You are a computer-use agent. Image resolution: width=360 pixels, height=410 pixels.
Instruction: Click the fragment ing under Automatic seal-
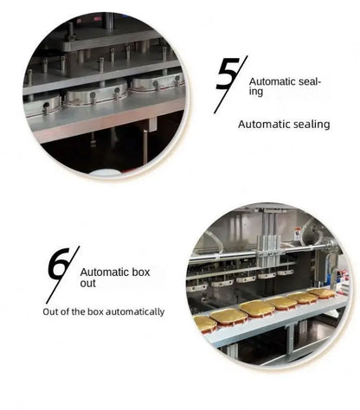pos(256,90)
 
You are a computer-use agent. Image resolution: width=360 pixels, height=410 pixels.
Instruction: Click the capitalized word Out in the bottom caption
pos(51,311)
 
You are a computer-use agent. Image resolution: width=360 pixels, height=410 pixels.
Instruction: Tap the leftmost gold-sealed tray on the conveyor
pos(205,324)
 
